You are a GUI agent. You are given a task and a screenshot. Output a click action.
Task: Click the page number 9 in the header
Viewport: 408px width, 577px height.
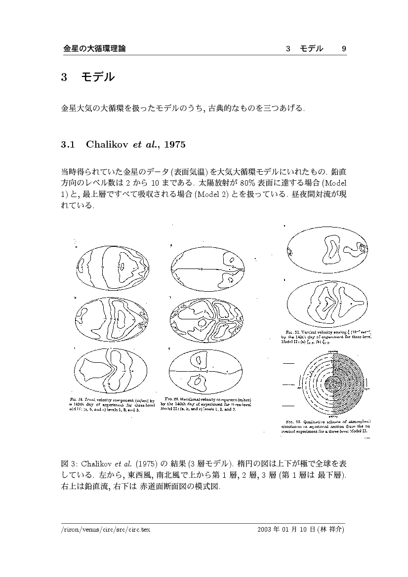[344, 48]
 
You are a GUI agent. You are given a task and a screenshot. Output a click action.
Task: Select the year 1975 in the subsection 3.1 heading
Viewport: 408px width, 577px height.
[174, 145]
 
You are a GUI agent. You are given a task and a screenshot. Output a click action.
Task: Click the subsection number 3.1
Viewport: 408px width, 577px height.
[67, 145]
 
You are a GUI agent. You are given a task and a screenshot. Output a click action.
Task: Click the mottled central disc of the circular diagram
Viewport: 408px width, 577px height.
[334, 383]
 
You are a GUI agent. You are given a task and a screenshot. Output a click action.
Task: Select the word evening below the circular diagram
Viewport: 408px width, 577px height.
[335, 417]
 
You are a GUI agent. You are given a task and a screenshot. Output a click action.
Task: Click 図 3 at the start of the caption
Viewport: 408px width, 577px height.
[64, 464]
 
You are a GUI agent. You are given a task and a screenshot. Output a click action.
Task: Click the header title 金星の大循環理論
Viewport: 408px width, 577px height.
[94, 48]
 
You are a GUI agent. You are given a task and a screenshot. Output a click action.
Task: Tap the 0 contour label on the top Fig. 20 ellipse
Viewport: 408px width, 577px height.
[202, 268]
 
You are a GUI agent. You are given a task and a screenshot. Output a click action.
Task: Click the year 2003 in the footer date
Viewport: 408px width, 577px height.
[265, 529]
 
